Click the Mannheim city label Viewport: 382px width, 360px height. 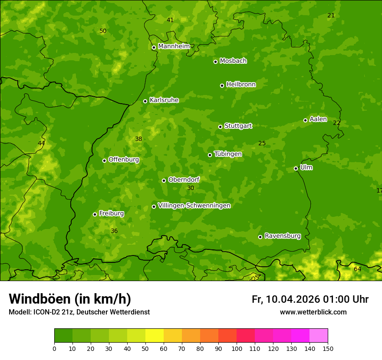[x=174, y=46]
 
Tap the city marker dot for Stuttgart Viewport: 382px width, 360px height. [x=220, y=127]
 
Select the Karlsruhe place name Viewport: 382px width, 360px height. [x=164, y=100]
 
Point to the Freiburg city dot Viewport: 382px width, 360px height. [x=95, y=214]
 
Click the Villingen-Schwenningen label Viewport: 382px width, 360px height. [x=194, y=206]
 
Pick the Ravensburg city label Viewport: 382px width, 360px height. [x=283, y=236]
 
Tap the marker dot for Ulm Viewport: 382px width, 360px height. [x=296, y=168]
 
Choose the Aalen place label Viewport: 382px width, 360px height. [x=318, y=119]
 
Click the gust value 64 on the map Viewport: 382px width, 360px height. [x=357, y=269]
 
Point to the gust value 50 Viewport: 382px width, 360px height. [x=103, y=31]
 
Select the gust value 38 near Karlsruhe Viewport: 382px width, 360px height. [x=138, y=139]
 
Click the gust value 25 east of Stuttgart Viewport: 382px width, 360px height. [x=262, y=143]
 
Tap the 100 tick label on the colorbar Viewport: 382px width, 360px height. [x=237, y=348]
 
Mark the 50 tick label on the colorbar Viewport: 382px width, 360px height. [x=145, y=348]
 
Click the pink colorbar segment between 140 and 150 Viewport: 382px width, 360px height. [x=319, y=336]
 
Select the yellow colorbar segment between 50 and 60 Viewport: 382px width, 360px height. [x=155, y=336]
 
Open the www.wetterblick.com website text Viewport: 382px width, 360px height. [x=313, y=312]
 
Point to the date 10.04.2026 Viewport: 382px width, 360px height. [x=293, y=299]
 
